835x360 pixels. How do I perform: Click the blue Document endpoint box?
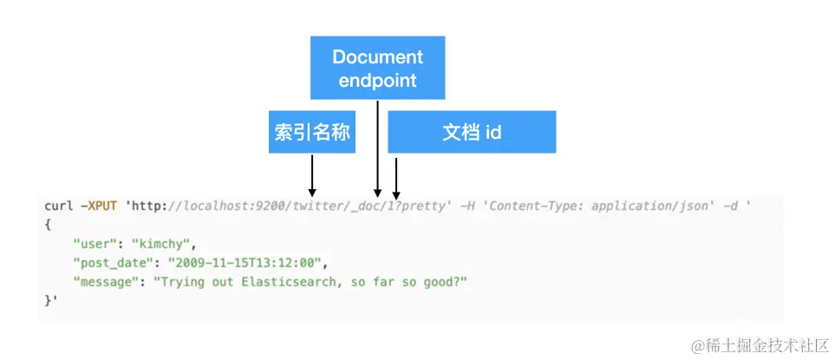[x=377, y=68]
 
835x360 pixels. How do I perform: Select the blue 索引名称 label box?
[x=312, y=134]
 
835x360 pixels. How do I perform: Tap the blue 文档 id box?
[x=471, y=134]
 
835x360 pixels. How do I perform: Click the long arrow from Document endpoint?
[x=377, y=147]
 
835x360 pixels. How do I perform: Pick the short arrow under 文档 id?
[x=396, y=177]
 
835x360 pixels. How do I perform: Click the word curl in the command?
[x=59, y=206]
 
